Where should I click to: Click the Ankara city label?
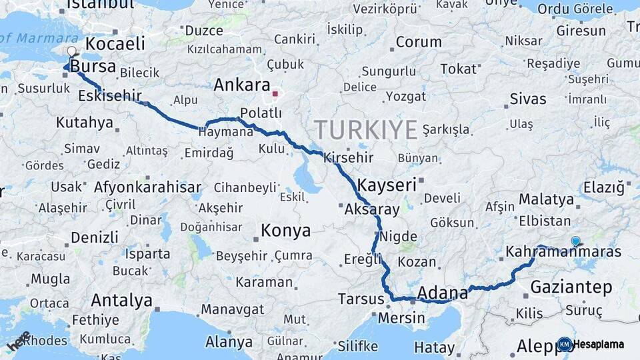tap(241, 85)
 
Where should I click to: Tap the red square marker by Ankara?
tap(275, 93)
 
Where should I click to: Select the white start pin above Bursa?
tap(72, 51)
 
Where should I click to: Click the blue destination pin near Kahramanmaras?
tap(575, 241)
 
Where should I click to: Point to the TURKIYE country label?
tap(365, 129)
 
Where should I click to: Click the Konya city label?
tap(285, 231)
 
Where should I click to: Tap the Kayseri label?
tap(387, 185)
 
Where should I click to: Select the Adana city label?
tap(443, 293)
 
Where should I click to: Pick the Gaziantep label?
tap(571, 287)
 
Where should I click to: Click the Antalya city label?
tap(121, 300)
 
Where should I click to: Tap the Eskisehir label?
tap(110, 96)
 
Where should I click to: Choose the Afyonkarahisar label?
tap(147, 187)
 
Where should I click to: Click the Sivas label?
tap(528, 99)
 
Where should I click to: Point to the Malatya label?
tap(546, 199)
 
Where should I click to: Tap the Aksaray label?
tap(372, 209)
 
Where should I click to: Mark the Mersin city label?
tap(401, 317)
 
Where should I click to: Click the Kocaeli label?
tap(115, 44)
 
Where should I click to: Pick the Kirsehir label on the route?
tap(348, 158)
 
